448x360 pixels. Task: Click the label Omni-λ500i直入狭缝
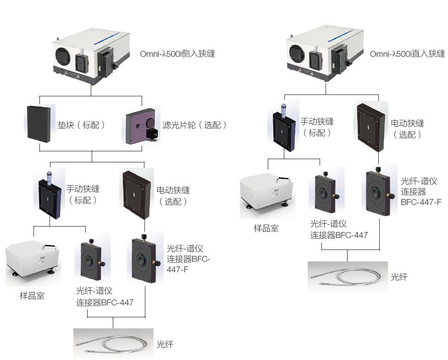[x=407, y=54]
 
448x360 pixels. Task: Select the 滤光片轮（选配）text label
[x=194, y=125]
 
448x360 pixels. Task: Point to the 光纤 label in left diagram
[x=165, y=344]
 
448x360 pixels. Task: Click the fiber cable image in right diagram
[x=347, y=276]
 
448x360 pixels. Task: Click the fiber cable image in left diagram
[x=113, y=343]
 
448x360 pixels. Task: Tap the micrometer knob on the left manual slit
[x=48, y=177]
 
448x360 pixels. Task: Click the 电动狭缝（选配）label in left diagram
[x=173, y=196]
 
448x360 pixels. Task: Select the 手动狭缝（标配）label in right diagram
[x=317, y=127]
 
